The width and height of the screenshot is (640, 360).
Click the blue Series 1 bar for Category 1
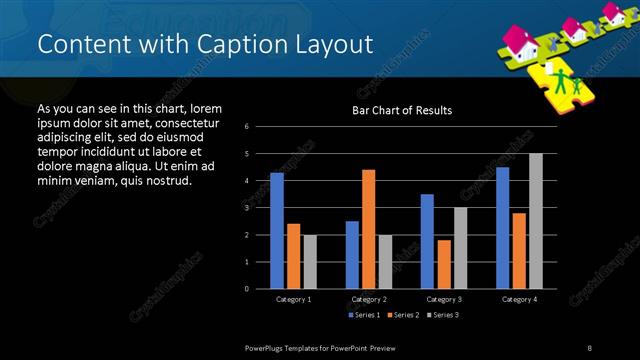277,231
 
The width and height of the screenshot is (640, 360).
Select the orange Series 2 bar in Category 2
368,229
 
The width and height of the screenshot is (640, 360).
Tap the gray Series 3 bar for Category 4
536,221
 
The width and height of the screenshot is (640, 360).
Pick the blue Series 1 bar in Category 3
427,241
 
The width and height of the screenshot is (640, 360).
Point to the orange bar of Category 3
444,264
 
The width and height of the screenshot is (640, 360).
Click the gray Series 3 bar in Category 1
310,262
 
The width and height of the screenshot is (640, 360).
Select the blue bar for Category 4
502,228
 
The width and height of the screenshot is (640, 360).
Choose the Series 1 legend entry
364,316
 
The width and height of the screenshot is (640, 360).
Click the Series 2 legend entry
404,316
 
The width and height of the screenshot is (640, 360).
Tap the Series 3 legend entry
444,316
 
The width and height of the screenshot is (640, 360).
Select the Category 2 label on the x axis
368,299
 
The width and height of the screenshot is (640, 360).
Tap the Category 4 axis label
519,299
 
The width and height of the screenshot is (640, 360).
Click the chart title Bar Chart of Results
402,110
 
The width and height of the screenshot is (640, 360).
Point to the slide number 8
589,347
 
